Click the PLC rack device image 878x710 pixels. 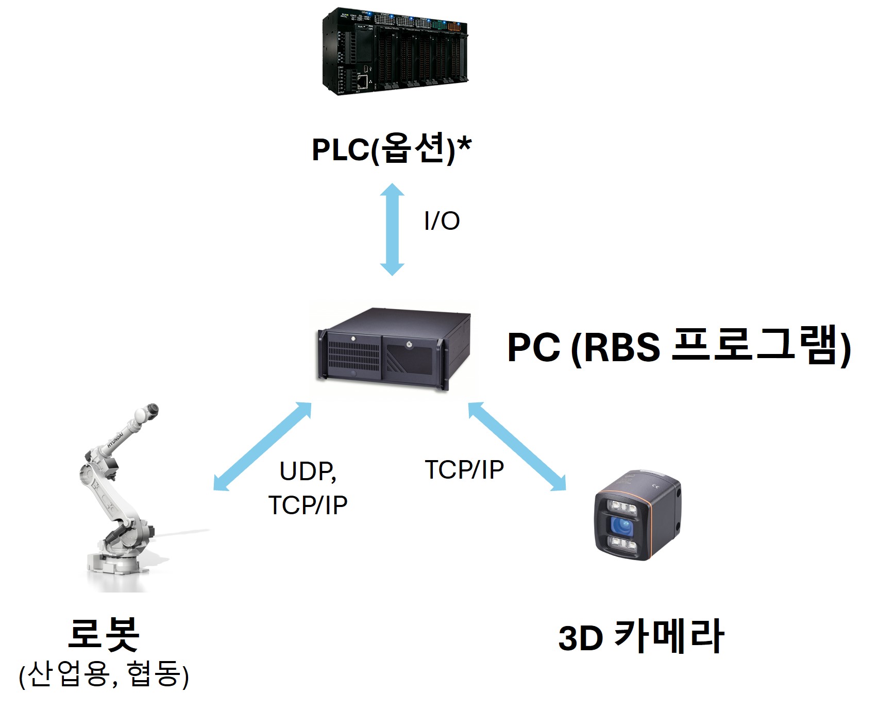(x=395, y=52)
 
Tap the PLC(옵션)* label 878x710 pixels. (x=391, y=149)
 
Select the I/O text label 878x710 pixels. (x=442, y=221)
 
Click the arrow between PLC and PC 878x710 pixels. (x=392, y=229)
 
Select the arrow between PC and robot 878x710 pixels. (x=262, y=446)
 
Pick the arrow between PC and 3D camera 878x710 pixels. (x=517, y=446)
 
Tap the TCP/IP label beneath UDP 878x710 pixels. (x=308, y=505)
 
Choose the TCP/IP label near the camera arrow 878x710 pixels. (x=464, y=470)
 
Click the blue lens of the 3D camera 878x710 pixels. (x=622, y=526)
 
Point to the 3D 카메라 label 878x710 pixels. (x=641, y=637)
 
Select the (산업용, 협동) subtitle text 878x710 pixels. (x=104, y=675)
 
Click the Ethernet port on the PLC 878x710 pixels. (x=363, y=81)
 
